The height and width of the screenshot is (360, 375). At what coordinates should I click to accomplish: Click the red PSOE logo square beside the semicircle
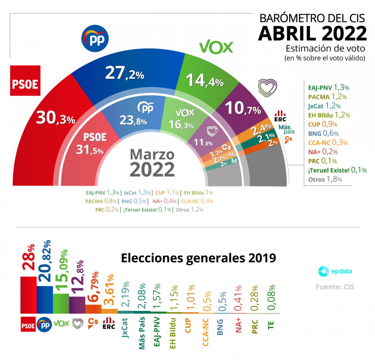[25, 81]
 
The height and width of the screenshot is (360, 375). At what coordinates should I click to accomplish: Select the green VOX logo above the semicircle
[216, 47]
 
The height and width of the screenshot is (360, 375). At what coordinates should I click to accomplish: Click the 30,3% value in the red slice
[56, 118]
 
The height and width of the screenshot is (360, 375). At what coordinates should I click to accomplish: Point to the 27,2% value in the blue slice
[124, 73]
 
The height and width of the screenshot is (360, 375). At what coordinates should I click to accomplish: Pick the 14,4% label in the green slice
[205, 80]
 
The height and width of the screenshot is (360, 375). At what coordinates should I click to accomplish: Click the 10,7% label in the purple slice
[243, 108]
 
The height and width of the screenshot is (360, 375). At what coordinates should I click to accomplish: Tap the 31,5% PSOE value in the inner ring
[89, 150]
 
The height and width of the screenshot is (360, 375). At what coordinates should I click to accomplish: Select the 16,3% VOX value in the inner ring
[181, 125]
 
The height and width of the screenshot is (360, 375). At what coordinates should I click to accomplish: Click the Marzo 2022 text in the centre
[152, 163]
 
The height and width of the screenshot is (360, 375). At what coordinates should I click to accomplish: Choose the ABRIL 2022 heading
[312, 33]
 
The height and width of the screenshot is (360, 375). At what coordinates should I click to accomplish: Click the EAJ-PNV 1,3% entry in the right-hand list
[328, 87]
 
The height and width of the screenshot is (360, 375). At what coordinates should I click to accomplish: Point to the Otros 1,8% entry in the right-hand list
[325, 179]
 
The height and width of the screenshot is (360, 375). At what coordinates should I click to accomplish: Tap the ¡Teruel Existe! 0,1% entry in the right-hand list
[337, 170]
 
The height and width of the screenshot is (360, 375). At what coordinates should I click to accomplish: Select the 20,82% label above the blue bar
[45, 261]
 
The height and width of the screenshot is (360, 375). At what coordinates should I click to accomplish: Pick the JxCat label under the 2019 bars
[125, 327]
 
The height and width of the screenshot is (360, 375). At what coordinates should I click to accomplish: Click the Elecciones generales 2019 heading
[198, 258]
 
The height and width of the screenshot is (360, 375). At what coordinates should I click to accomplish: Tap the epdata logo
[335, 271]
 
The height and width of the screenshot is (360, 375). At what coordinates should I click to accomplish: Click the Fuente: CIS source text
[335, 287]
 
